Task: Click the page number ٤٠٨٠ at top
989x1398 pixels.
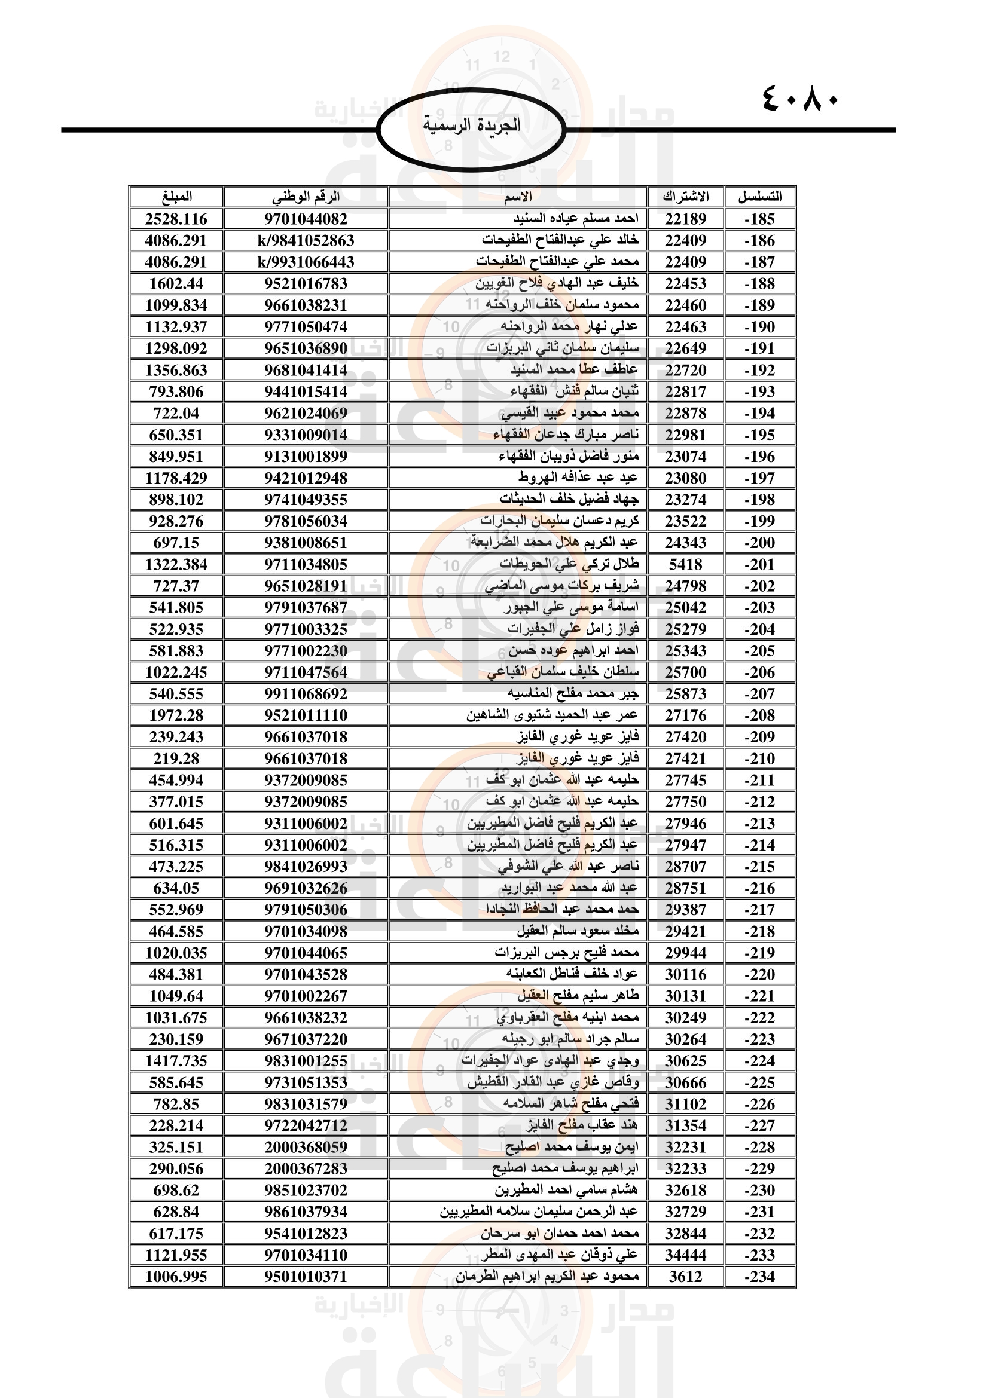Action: point(799,99)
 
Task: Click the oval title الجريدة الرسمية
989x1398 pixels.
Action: point(471,126)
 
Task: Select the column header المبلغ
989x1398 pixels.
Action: point(176,197)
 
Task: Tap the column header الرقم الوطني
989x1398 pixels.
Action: point(306,197)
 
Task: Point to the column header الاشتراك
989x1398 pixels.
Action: point(686,197)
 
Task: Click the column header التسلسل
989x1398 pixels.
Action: point(759,197)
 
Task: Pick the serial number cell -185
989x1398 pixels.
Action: point(759,219)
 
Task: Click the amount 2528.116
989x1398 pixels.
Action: point(176,219)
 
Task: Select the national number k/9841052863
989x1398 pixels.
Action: point(306,240)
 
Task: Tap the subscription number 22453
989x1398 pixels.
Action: point(686,284)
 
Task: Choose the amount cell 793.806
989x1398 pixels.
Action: point(176,391)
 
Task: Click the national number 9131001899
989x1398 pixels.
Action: point(306,457)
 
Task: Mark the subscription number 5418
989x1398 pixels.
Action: point(686,564)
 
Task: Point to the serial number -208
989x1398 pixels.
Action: point(759,715)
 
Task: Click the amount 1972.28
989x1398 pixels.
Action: point(176,715)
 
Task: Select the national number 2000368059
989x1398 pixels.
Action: point(306,1147)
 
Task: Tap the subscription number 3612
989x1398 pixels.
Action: point(686,1277)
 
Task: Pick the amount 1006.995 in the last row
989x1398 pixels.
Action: point(176,1277)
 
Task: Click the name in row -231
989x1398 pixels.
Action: point(539,1212)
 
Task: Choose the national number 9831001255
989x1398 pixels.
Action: point(306,1061)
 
